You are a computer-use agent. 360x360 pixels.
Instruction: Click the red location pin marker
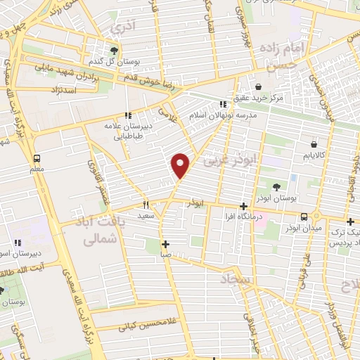(x=181, y=165)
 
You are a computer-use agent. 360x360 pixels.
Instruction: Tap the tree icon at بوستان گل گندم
(x=114, y=51)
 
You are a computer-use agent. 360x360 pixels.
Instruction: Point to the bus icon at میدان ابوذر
(x=304, y=217)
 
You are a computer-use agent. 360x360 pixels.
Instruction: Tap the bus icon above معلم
(x=37, y=157)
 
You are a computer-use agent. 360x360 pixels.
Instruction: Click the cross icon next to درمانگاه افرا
(x=243, y=207)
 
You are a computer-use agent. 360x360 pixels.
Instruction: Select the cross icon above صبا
(x=165, y=245)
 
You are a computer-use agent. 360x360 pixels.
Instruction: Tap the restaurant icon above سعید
(x=146, y=205)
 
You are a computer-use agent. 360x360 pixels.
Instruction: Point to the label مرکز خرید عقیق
(x=260, y=98)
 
